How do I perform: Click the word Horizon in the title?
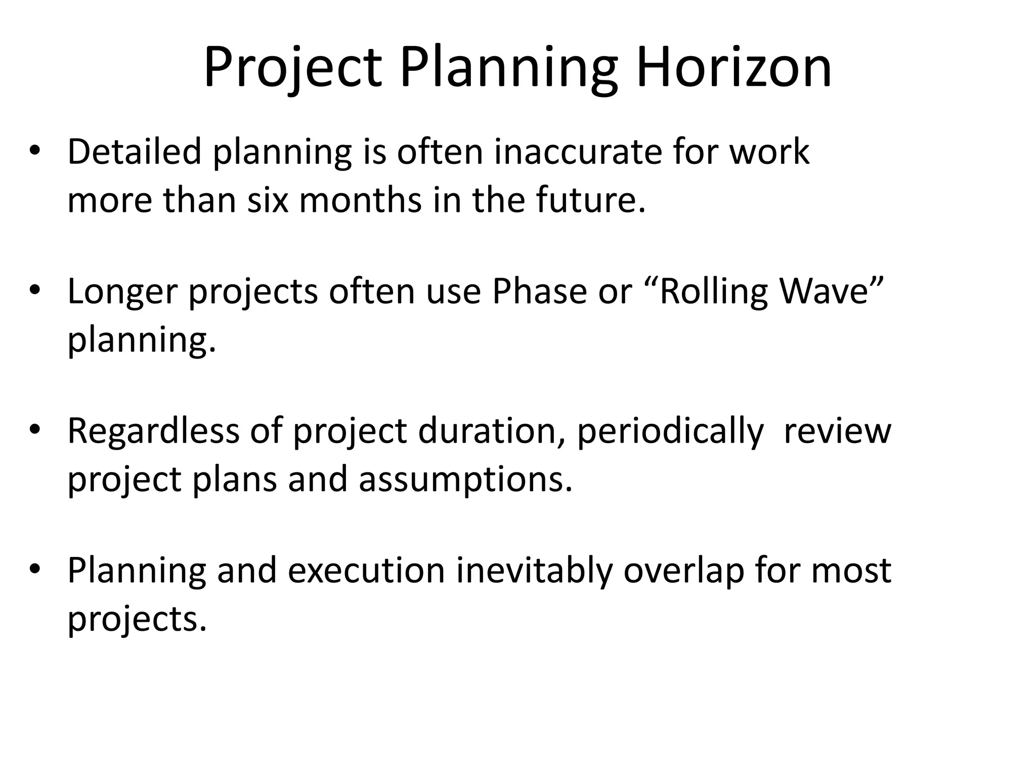(733, 67)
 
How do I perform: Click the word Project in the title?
(292, 67)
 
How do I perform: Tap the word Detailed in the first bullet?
(134, 151)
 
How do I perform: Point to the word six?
(268, 199)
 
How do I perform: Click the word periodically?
(670, 431)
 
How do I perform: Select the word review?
(837, 431)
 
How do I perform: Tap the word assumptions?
(465, 480)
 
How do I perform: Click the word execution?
(367, 571)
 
